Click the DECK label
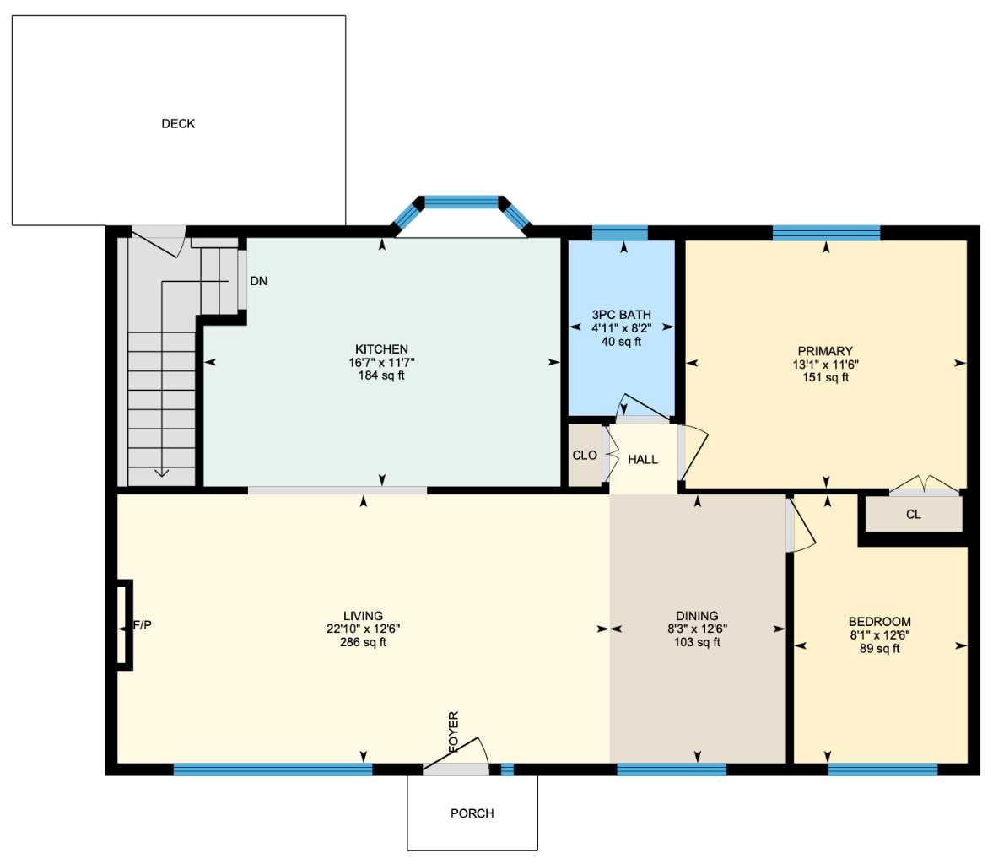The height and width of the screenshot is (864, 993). pyautogui.click(x=178, y=123)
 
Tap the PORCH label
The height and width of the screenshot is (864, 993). pyautogui.click(x=472, y=813)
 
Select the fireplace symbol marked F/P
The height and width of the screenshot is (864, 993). pyautogui.click(x=124, y=625)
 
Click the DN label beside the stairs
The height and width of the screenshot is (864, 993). pyautogui.click(x=259, y=281)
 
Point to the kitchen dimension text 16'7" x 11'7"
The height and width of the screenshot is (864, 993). pyautogui.click(x=381, y=363)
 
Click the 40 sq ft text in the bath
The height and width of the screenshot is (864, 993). pyautogui.click(x=621, y=342)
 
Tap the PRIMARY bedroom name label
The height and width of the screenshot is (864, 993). pyautogui.click(x=825, y=351)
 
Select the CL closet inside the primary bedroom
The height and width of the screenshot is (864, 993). pyautogui.click(x=913, y=515)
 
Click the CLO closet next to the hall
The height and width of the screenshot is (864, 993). pyautogui.click(x=584, y=456)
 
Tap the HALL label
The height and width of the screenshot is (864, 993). pyautogui.click(x=642, y=460)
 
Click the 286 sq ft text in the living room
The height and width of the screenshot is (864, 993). pyautogui.click(x=363, y=642)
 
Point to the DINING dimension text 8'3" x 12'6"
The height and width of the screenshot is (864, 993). pyautogui.click(x=697, y=629)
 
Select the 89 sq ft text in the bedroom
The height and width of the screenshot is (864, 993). pyautogui.click(x=879, y=649)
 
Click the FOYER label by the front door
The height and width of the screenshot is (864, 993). pyautogui.click(x=454, y=732)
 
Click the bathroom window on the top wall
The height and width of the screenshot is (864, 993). pyautogui.click(x=620, y=233)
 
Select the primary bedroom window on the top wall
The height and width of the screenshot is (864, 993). pyautogui.click(x=826, y=233)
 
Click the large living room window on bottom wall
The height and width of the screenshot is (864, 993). pyautogui.click(x=273, y=769)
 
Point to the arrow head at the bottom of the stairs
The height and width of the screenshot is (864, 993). pyautogui.click(x=161, y=472)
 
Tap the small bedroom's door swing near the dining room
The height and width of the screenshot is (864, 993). pyautogui.click(x=801, y=526)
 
